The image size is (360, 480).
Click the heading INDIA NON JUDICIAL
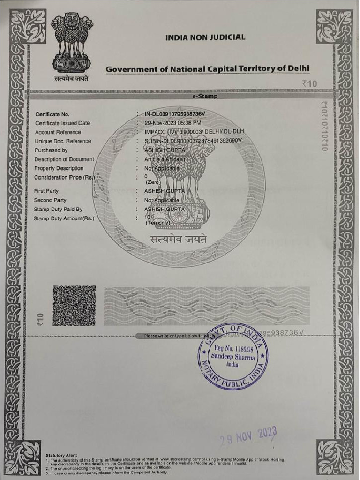coord(205,37)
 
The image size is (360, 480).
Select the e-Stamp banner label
coord(205,96)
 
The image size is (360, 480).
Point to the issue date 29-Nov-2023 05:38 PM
coord(173,123)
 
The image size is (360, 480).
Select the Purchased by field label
coord(51,150)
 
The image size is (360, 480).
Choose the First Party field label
coord(46,191)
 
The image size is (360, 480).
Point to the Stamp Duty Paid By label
coord(58,209)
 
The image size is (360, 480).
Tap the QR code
coord(74,306)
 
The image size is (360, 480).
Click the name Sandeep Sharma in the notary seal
coord(233,357)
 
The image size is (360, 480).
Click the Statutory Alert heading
coord(61,455)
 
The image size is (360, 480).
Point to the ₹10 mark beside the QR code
coord(40,320)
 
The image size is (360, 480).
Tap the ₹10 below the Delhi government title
coord(309,83)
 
